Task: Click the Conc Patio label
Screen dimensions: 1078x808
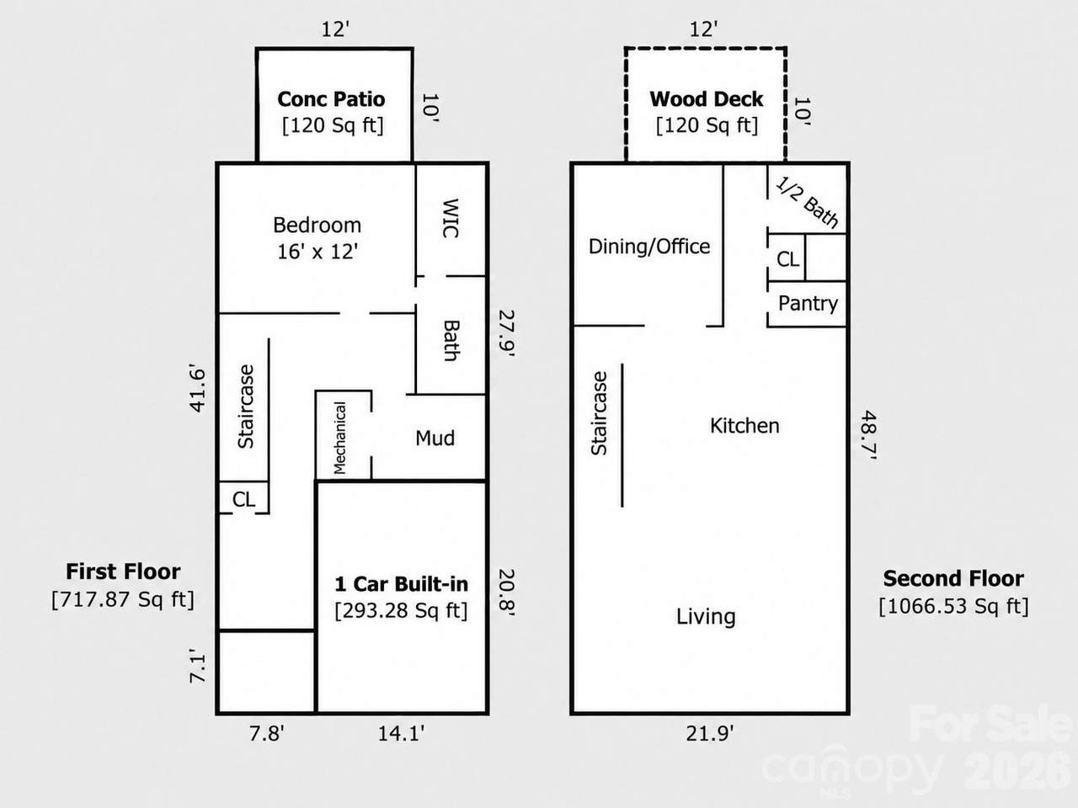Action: tap(331, 99)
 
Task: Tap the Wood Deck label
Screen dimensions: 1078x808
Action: tap(707, 99)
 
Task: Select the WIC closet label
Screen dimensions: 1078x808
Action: tap(451, 218)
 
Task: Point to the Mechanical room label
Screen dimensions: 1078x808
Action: tap(340, 438)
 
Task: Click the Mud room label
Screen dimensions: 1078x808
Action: tap(435, 439)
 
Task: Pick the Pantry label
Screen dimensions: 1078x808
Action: tap(808, 304)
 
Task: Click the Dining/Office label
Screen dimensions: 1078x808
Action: tap(649, 247)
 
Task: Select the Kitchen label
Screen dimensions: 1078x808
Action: tap(744, 426)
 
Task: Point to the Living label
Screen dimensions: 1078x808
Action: tap(706, 617)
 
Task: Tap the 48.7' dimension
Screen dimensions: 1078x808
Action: tap(868, 434)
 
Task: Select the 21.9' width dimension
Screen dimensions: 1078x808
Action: tap(710, 734)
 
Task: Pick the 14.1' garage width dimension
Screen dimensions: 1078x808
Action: tap(401, 734)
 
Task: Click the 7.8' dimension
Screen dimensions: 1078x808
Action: tap(267, 734)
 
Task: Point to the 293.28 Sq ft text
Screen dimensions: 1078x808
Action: tap(401, 611)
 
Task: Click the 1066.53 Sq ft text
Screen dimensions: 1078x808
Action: tap(953, 606)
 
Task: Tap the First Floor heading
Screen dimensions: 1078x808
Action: tap(123, 572)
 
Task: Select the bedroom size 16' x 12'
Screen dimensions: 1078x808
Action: tap(318, 252)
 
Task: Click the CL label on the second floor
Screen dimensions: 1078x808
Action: tap(787, 259)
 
